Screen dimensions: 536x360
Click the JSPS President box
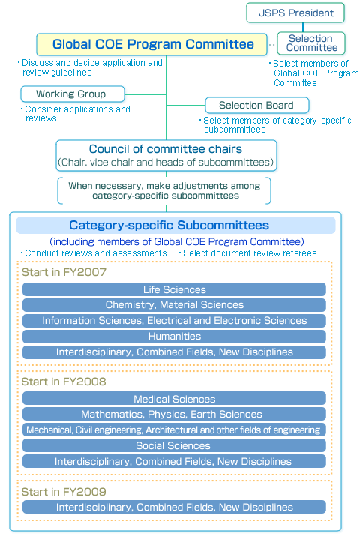pos(295,13)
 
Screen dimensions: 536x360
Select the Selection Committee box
pos(311,43)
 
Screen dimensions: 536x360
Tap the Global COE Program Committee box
pos(153,44)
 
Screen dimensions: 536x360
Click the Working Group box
pos(71,94)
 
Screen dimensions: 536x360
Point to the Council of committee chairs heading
pos(166,149)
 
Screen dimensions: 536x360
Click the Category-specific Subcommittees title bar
pos(169,225)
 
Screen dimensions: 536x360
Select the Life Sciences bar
pos(174,289)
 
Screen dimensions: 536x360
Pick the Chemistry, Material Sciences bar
pos(174,305)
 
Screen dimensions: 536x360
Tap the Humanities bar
pos(174,337)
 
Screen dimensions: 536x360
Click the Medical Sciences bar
pos(174,399)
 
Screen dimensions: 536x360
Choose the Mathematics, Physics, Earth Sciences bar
pos(174,415)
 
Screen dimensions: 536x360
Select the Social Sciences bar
pos(174,446)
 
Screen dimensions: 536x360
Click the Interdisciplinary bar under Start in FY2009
pos(174,508)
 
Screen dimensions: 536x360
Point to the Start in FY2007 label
pos(64,272)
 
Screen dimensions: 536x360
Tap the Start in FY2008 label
pos(64,382)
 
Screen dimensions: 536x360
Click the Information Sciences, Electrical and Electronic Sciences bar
pos(174,321)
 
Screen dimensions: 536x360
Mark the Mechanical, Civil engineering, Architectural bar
pos(174,430)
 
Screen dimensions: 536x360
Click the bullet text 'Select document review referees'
pos(250,253)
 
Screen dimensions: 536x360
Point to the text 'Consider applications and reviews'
pos(77,114)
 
